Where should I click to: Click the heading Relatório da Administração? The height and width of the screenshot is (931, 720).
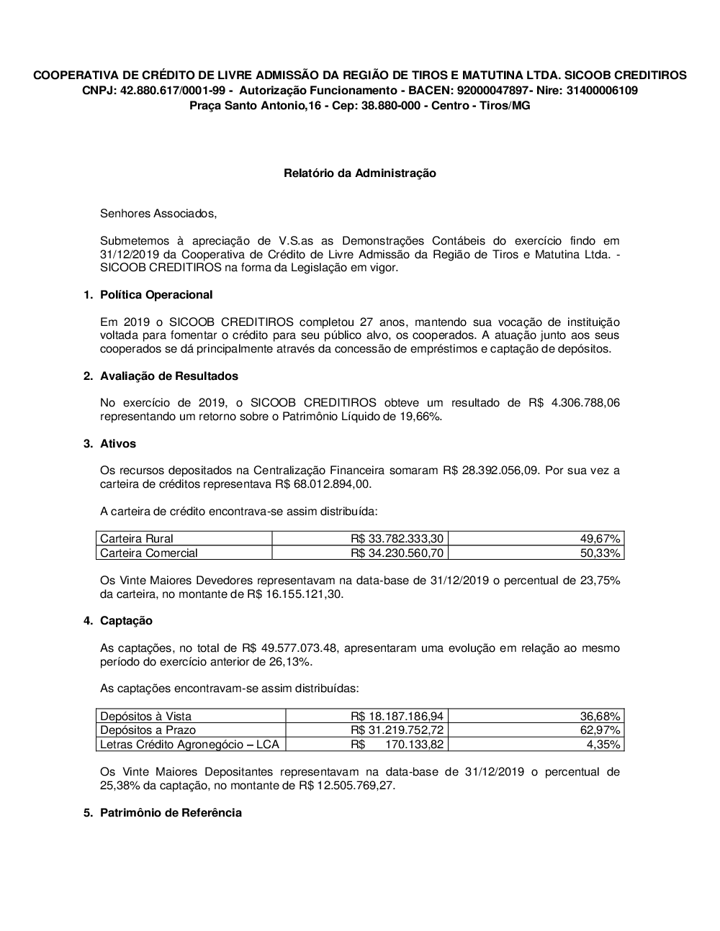click(x=359, y=173)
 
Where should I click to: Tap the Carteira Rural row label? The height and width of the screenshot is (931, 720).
click(x=137, y=539)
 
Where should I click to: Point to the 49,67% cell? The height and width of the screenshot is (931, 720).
click(x=600, y=539)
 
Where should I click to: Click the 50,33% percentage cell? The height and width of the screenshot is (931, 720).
click(x=600, y=553)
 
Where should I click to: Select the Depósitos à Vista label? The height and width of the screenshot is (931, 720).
click(x=146, y=717)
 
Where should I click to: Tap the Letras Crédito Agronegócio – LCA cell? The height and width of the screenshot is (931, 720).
click(x=189, y=745)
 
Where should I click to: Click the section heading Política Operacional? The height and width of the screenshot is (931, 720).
click(x=156, y=295)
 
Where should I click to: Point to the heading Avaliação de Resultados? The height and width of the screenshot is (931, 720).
click(x=169, y=376)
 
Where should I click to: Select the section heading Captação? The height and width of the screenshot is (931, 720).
click(x=126, y=621)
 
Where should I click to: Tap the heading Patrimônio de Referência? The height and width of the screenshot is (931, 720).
click(x=171, y=813)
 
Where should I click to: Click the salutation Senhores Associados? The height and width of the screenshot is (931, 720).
click(x=158, y=214)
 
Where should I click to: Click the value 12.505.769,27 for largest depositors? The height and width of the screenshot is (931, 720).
click(x=354, y=786)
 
